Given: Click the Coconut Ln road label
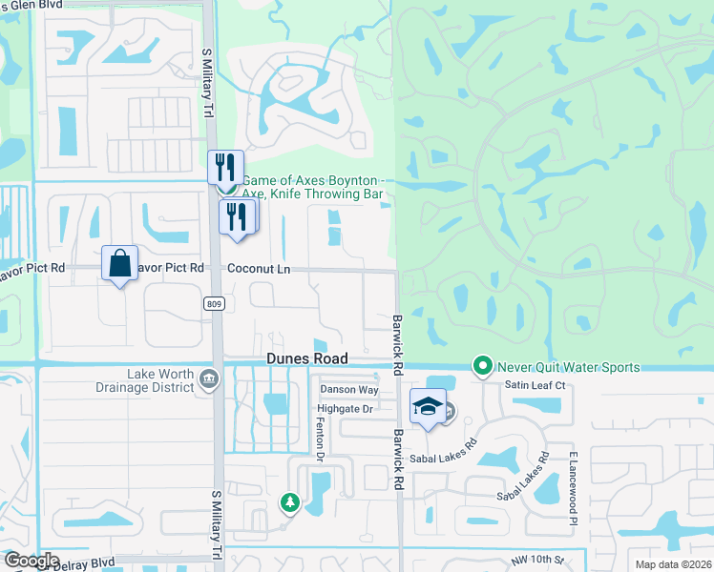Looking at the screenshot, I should tap(259, 269).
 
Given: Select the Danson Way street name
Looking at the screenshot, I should tap(348, 390).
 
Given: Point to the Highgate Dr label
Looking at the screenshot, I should tap(343, 409).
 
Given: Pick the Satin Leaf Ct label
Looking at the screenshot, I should tap(535, 385).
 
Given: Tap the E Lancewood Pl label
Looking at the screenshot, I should tap(575, 475).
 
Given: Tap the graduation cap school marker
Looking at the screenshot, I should tap(428, 406).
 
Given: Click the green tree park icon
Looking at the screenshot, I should tap(289, 500).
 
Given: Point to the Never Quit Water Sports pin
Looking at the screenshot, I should tap(483, 365).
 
